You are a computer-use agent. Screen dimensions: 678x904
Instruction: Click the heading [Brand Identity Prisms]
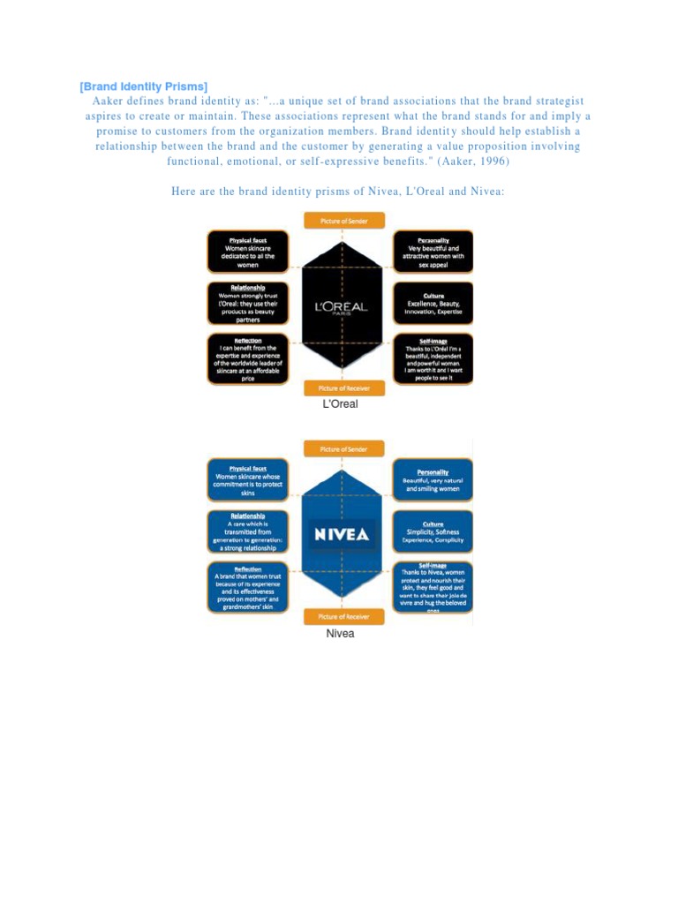[x=144, y=87]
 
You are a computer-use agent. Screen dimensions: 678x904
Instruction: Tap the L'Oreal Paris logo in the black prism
[x=341, y=308]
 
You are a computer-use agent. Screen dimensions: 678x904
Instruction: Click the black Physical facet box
[x=248, y=251]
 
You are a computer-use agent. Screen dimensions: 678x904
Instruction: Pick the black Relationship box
[x=248, y=303]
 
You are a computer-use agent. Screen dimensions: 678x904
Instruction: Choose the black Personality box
[x=433, y=251]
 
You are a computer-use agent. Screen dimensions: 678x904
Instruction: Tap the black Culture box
[x=433, y=303]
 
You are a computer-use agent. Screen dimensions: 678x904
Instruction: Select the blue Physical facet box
[x=248, y=479]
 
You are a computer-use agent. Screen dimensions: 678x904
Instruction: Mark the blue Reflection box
[x=248, y=586]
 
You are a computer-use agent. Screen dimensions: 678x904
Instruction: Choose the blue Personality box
[x=433, y=479]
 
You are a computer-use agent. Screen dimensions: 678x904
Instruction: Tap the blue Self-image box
[x=433, y=586]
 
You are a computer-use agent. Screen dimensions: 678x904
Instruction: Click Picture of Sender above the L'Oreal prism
[x=340, y=220]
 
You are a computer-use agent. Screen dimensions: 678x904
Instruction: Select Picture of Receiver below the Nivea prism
[x=340, y=616]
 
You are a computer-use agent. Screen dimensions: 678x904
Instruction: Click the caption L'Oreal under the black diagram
[x=340, y=405]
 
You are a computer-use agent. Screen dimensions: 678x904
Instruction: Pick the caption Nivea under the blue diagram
[x=340, y=634]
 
